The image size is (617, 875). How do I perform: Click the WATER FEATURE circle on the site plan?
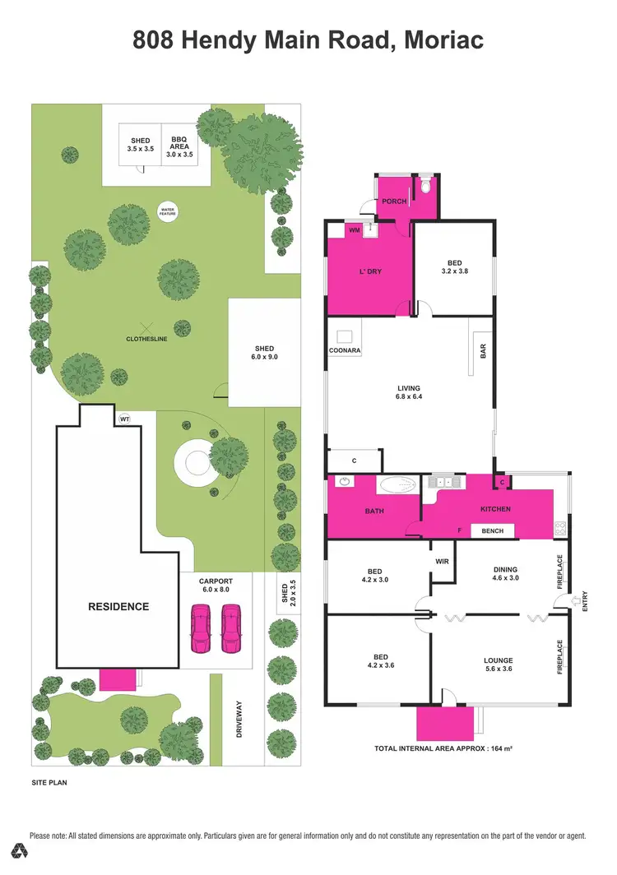168,211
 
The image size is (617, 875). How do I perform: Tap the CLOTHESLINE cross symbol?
147,326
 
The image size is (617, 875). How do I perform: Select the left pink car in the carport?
201,628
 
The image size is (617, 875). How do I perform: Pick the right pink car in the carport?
231,628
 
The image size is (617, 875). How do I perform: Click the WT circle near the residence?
125,419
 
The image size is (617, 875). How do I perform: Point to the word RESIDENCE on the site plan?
118,607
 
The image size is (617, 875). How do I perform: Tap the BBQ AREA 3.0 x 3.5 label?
179,146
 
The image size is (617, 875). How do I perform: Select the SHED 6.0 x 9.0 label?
263,353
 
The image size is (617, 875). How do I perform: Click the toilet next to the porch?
424,187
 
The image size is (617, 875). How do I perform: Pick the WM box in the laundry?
354,231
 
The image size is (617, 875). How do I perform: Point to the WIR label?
441,562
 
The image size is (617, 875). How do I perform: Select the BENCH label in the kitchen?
492,531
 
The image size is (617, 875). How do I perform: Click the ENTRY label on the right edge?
586,603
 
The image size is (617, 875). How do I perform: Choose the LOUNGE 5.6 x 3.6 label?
499,665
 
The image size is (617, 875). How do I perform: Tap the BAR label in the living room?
484,350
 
